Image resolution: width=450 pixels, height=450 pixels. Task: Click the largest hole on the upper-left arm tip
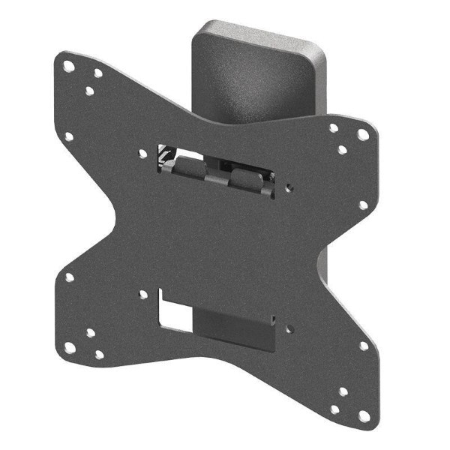[68, 66]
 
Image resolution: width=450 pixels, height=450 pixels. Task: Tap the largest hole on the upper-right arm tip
[363, 135]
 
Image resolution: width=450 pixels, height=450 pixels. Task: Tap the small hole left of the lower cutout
[142, 295]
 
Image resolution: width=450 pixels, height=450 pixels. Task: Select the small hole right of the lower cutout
[289, 326]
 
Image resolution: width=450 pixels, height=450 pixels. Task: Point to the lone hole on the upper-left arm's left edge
[68, 137]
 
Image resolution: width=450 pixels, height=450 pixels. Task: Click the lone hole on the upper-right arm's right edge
[363, 204]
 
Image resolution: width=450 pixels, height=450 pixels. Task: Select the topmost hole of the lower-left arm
[69, 277]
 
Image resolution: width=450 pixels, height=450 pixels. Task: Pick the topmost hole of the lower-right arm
[364, 346]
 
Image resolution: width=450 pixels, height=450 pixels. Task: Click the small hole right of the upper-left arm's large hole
[97, 73]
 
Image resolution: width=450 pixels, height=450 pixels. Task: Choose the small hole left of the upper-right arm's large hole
[334, 128]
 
